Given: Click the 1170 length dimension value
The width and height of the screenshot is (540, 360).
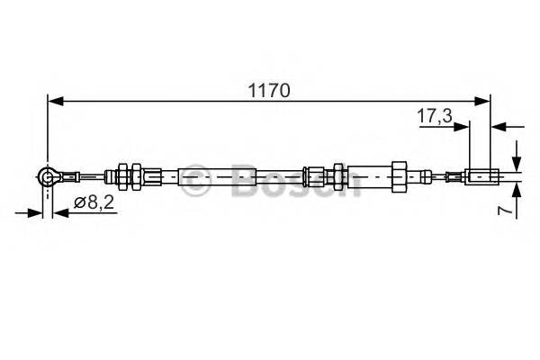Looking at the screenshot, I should point(268,90).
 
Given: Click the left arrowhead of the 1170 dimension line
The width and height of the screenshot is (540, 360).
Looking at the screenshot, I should point(54,103).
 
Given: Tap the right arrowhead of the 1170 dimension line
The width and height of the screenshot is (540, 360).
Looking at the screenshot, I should point(483,103).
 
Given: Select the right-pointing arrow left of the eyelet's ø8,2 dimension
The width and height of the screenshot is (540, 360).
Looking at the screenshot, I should point(35,212).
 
